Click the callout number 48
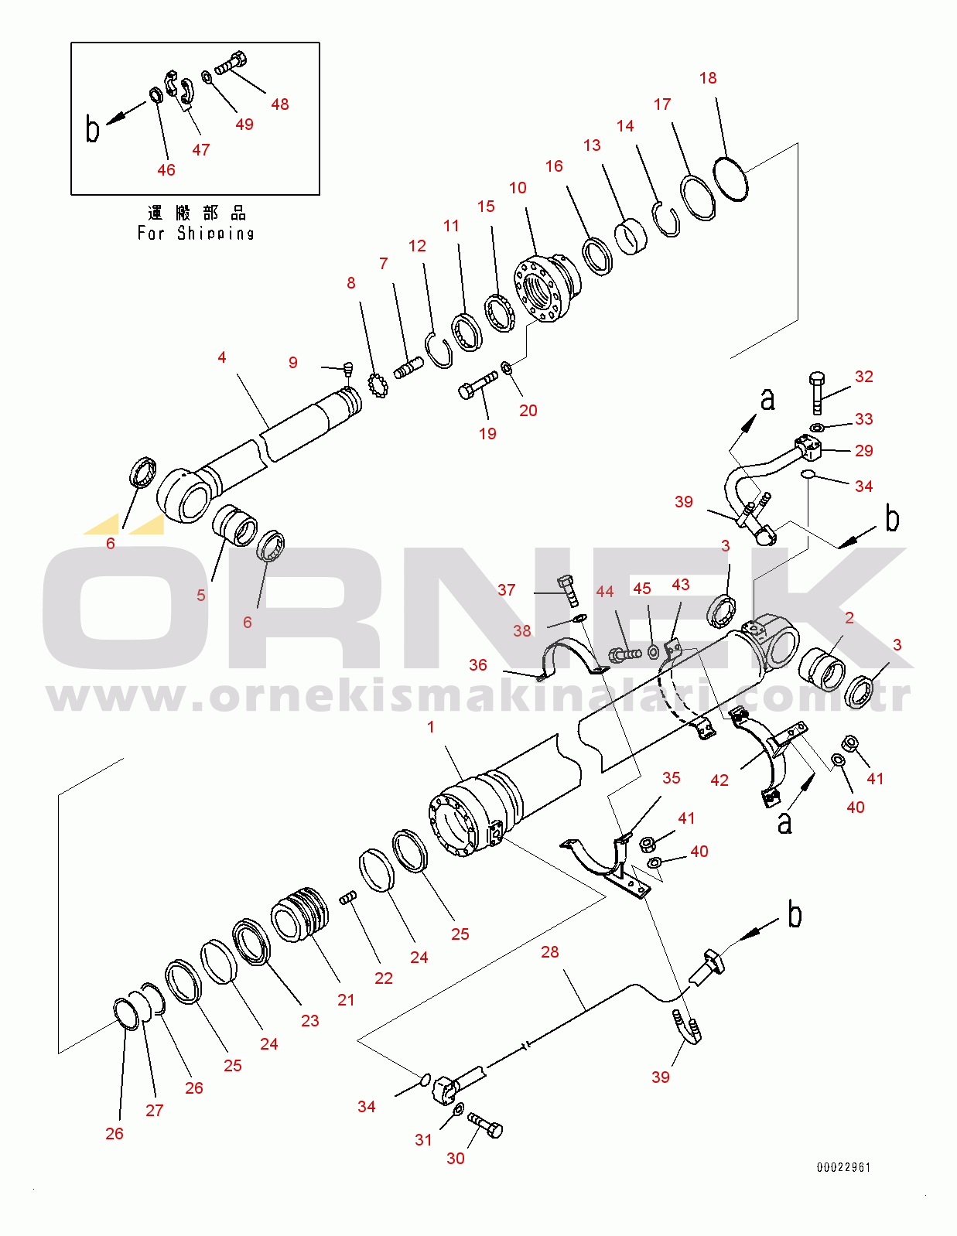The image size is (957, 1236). coord(279,104)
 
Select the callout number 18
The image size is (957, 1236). coord(708,78)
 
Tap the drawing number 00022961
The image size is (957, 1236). coord(844,1167)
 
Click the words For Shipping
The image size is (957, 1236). coord(196,234)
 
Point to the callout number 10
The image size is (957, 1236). coord(518,188)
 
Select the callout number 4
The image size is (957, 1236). coord(222,357)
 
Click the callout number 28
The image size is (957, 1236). coord(549,951)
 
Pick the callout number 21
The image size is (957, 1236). coord(346,999)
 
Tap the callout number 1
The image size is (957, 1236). coord(431,727)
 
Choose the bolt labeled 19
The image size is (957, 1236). coord(478,384)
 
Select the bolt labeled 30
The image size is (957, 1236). coord(485,1125)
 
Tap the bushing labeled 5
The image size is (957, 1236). coord(234,524)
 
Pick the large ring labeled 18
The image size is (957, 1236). coord(730,179)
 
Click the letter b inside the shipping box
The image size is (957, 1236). coord(92,128)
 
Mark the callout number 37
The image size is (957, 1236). coord(507,590)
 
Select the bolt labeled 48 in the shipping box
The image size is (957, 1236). coord(231,63)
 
